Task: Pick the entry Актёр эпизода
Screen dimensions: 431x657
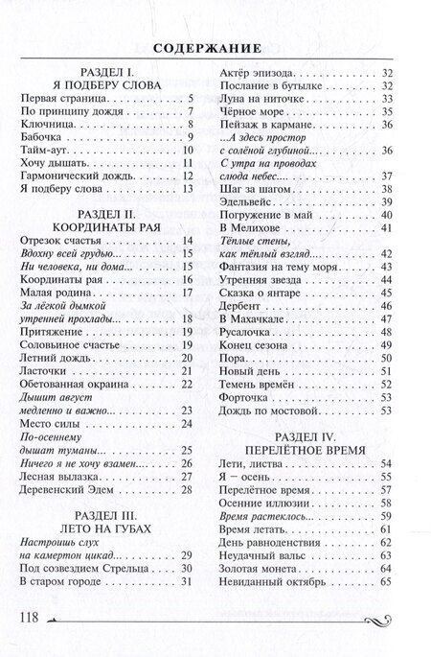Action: point(258,72)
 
